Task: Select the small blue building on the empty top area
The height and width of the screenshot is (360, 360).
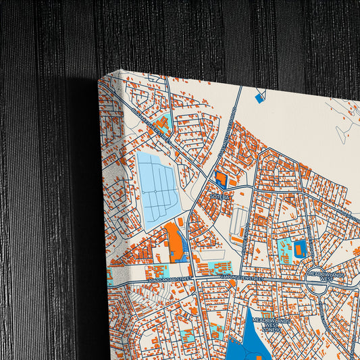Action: tap(259, 99)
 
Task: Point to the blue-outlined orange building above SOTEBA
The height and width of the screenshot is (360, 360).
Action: tap(220, 178)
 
